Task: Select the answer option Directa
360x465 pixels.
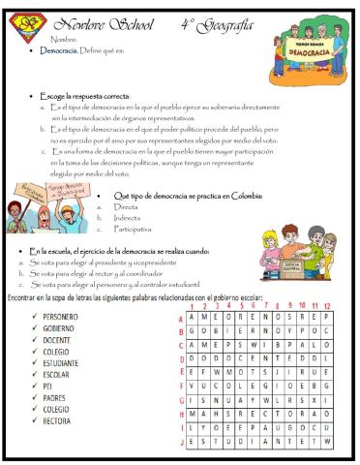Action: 127,206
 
